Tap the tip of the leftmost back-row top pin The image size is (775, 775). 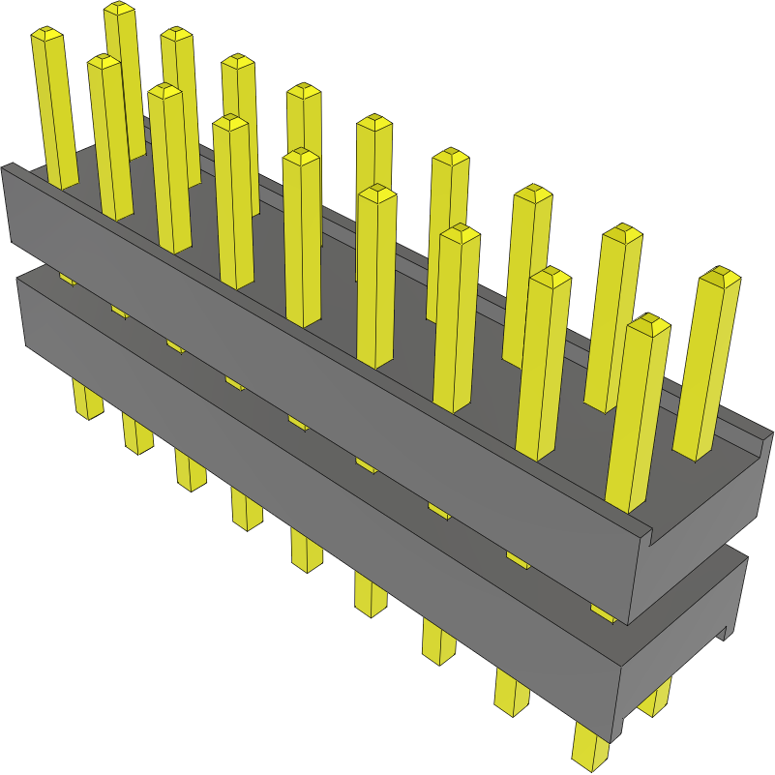coord(119,9)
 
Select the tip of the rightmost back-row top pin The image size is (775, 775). coord(720,276)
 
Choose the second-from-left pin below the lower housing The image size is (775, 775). coord(137,435)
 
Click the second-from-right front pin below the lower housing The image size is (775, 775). coord(512,692)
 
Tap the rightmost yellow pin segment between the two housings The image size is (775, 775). coord(603,613)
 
